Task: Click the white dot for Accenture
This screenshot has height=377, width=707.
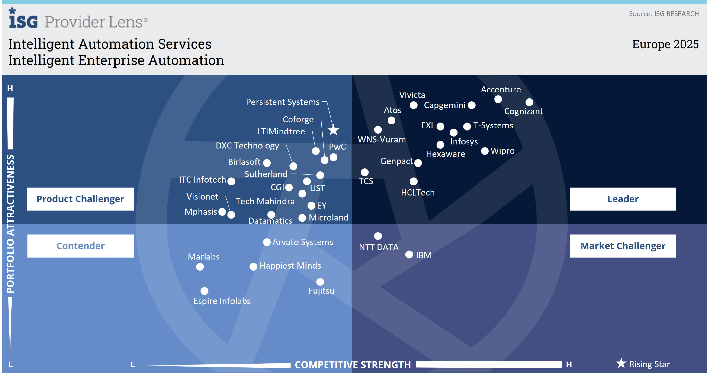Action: [x=498, y=99]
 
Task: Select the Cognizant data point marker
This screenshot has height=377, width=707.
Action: [x=529, y=102]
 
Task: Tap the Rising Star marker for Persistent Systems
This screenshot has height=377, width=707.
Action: [x=333, y=130]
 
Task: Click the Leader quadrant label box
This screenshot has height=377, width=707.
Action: [x=623, y=199]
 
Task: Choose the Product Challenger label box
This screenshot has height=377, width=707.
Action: [x=80, y=199]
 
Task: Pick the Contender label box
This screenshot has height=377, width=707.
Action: [x=80, y=246]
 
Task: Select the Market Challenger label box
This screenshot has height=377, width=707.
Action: [x=623, y=246]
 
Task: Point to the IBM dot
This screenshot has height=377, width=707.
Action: [x=409, y=254]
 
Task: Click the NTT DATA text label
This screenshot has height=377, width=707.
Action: [x=379, y=247]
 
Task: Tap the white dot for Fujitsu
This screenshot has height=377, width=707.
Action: [x=320, y=282]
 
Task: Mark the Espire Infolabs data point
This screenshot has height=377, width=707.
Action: [x=204, y=291]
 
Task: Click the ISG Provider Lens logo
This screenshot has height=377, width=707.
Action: [x=78, y=19]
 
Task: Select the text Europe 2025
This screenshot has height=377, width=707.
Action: [x=665, y=44]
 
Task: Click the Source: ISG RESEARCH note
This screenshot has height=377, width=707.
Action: [x=663, y=14]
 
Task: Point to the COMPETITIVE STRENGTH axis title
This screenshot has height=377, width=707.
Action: [x=352, y=365]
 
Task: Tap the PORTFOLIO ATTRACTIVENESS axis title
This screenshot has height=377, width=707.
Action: [x=10, y=224]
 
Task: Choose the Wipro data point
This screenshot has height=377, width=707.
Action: [x=485, y=151]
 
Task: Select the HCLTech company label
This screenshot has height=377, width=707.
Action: [x=418, y=192]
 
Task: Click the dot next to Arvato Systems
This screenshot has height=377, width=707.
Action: [x=267, y=242]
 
